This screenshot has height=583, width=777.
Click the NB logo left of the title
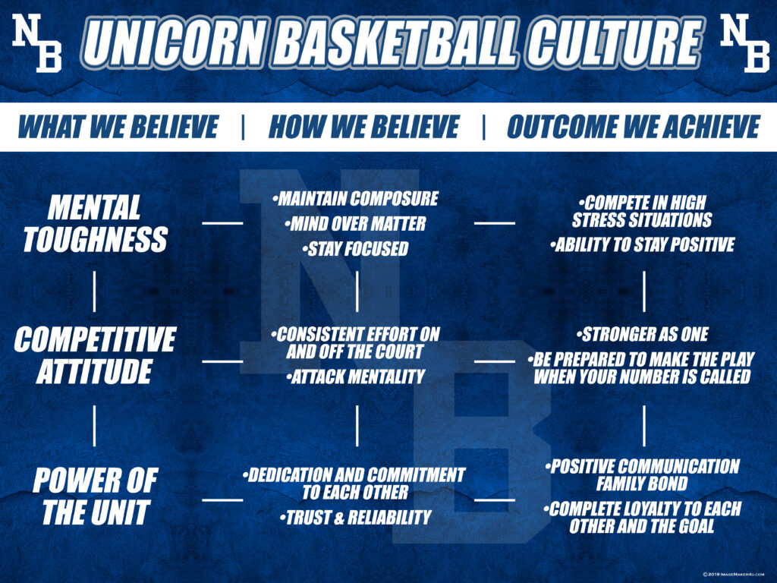(37, 43)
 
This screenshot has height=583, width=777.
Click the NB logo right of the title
(745, 43)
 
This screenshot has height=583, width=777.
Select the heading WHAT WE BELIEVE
(118, 127)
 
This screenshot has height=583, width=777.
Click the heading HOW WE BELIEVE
(364, 127)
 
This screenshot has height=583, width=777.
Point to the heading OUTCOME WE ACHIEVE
(634, 127)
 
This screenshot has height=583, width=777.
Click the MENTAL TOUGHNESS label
(95, 223)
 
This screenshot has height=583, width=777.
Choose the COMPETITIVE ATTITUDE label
(95, 355)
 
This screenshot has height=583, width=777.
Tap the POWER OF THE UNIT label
(95, 496)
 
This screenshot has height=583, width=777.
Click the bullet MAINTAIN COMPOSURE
(356, 199)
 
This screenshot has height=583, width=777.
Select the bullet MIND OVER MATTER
(355, 224)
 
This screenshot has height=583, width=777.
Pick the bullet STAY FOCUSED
(355, 249)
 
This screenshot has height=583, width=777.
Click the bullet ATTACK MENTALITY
(356, 377)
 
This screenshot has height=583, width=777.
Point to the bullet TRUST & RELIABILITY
(356, 518)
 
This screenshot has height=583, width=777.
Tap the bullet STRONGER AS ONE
(643, 334)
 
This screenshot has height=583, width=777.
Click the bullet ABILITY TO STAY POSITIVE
(643, 244)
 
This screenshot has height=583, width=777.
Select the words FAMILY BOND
(642, 484)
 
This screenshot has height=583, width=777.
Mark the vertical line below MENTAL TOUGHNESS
(94, 291)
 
